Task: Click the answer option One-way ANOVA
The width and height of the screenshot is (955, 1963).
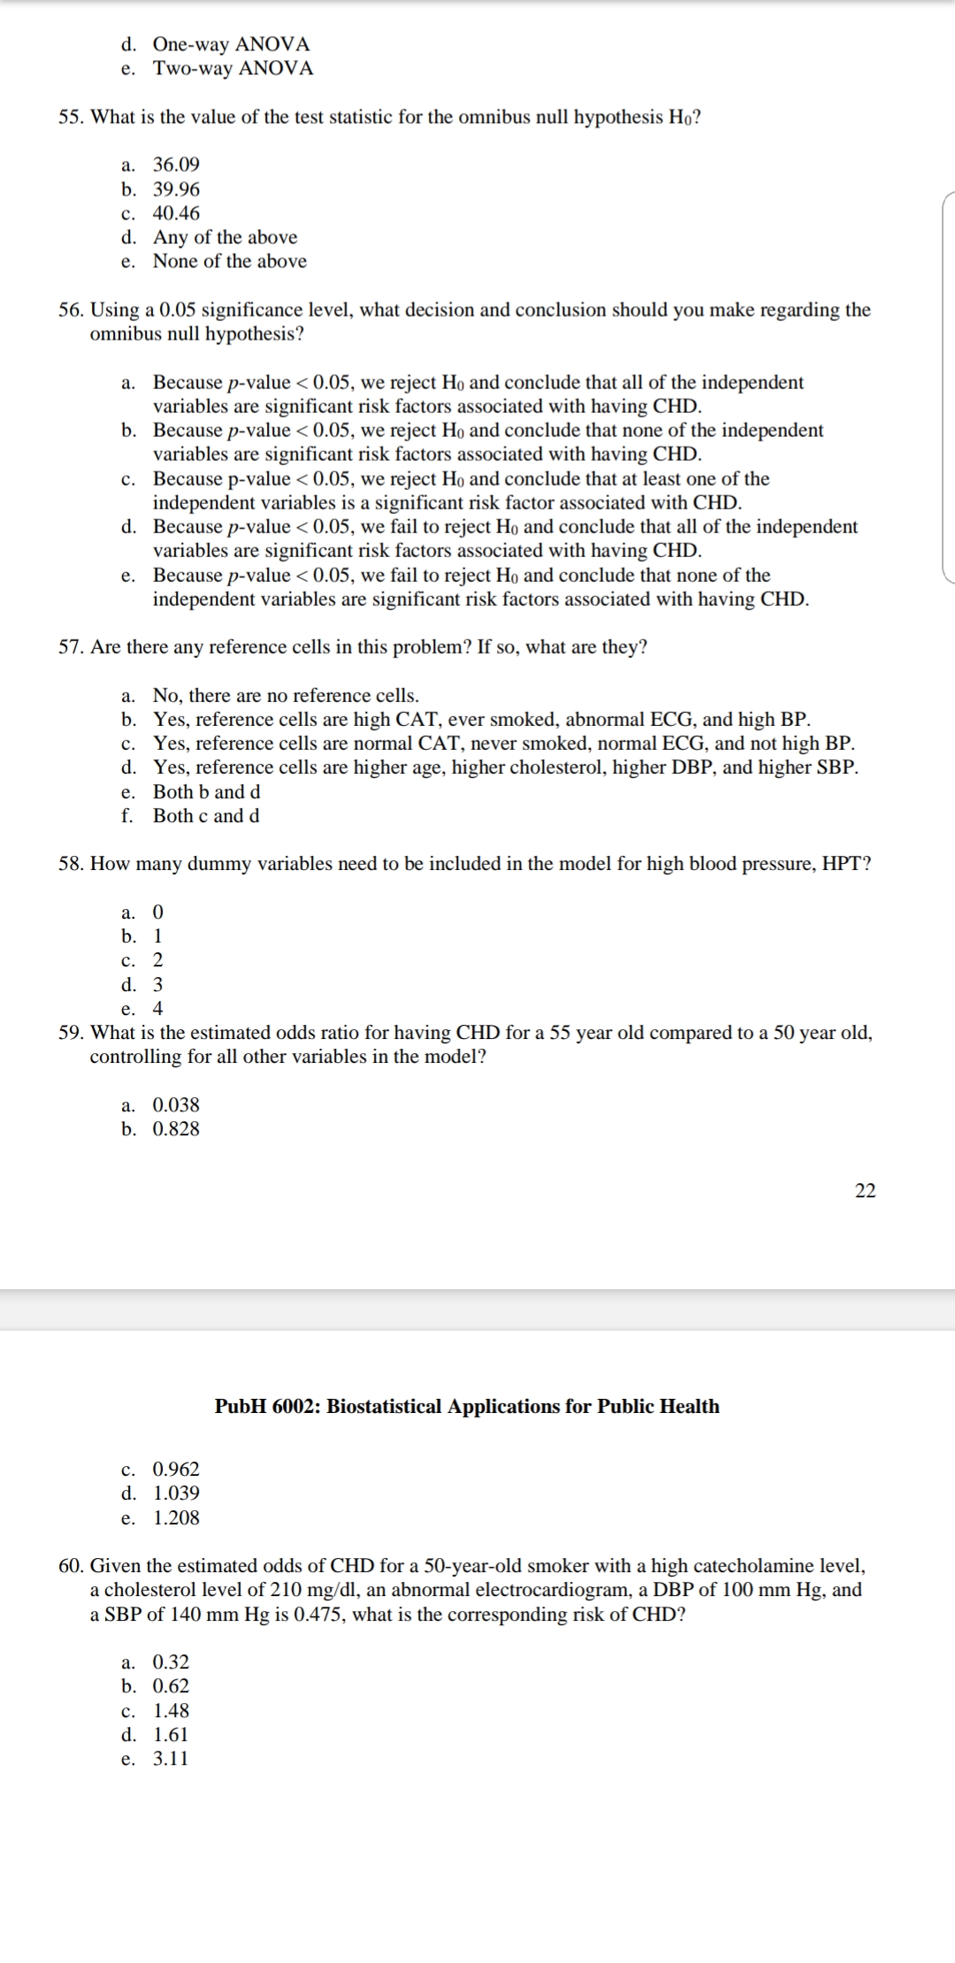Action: [x=231, y=44]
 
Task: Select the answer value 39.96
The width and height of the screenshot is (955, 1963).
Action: [x=176, y=189]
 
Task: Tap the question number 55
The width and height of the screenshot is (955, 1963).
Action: [x=71, y=118]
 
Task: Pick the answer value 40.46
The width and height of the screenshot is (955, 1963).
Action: [x=176, y=213]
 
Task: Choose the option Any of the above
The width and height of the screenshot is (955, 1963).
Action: [x=225, y=237]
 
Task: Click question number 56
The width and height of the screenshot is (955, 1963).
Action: [x=71, y=310]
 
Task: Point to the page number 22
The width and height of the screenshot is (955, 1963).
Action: [x=865, y=1190]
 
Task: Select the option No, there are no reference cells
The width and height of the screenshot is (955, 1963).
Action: [x=286, y=695]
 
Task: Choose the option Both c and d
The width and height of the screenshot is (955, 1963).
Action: [x=206, y=816]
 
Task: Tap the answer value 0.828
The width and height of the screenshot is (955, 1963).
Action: [x=176, y=1129]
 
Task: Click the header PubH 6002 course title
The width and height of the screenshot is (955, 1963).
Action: [x=467, y=1406]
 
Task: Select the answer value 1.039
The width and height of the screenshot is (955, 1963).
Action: [x=176, y=1493]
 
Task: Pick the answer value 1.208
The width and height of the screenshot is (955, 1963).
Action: [x=176, y=1518]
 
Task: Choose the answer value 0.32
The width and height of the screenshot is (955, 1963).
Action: [x=171, y=1661]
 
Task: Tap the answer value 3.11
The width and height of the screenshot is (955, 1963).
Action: [x=171, y=1759]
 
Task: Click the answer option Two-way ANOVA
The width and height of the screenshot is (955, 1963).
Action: [x=233, y=68]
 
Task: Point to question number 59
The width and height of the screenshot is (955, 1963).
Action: [x=71, y=1033]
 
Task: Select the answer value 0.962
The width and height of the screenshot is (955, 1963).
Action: [x=176, y=1469]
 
